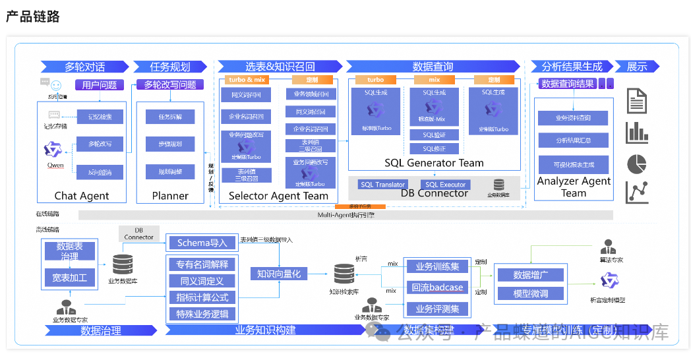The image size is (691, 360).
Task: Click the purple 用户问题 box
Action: (x=99, y=84)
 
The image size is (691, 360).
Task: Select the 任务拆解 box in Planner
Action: (x=169, y=117)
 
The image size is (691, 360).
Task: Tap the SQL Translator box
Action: (x=382, y=185)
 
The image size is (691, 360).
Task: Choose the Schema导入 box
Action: (x=202, y=243)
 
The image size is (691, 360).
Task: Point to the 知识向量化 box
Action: (x=278, y=274)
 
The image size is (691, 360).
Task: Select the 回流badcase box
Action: (x=437, y=287)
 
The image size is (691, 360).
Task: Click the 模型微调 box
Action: (x=530, y=293)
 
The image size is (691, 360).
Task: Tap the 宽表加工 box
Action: (x=69, y=278)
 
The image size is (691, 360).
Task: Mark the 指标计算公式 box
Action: (x=202, y=297)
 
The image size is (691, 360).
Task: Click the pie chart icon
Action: (x=636, y=163)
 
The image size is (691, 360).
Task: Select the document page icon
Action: (x=636, y=101)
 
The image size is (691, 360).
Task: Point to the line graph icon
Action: (x=637, y=192)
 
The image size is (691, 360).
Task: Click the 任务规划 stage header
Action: (x=170, y=67)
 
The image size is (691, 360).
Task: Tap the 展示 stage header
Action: (x=636, y=67)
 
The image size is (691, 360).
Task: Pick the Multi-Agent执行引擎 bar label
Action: (x=345, y=215)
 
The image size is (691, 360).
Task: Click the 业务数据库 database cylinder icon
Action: (x=123, y=264)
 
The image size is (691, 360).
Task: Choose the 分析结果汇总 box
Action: (x=573, y=140)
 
